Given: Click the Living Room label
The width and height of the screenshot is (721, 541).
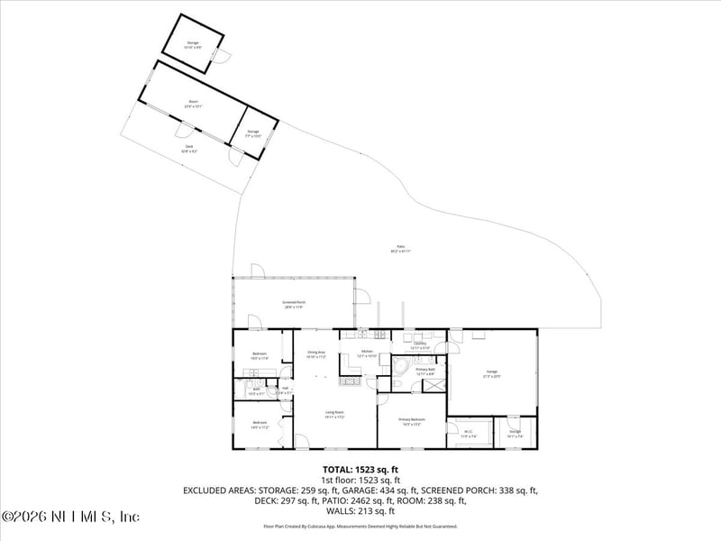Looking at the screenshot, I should pyautogui.click(x=335, y=415).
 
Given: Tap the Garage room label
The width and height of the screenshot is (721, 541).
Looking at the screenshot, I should pyautogui.click(x=492, y=372).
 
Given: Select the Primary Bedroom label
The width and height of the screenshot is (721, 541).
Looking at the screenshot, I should pyautogui.click(x=412, y=421).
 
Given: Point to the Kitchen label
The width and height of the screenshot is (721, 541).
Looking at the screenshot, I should pyautogui.click(x=367, y=353).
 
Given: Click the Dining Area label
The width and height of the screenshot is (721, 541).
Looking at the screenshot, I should pyautogui.click(x=315, y=353).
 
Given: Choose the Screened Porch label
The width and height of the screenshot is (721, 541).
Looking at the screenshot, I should pyautogui.click(x=293, y=305).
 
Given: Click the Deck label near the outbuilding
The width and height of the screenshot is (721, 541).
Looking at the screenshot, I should pyautogui.click(x=189, y=148).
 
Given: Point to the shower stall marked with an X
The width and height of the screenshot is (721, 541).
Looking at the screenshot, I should pyautogui.click(x=434, y=384).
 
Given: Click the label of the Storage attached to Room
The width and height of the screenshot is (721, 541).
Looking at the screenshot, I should pyautogui.click(x=253, y=133).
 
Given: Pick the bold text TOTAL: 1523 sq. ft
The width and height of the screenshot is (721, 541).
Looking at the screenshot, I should pyautogui.click(x=360, y=470).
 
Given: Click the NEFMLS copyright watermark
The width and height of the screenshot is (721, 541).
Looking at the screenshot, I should pyautogui.click(x=70, y=517).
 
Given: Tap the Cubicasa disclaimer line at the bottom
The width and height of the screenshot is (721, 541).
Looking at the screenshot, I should pyautogui.click(x=360, y=526).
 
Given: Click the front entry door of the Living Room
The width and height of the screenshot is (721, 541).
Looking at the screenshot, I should pyautogui.click(x=301, y=442).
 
